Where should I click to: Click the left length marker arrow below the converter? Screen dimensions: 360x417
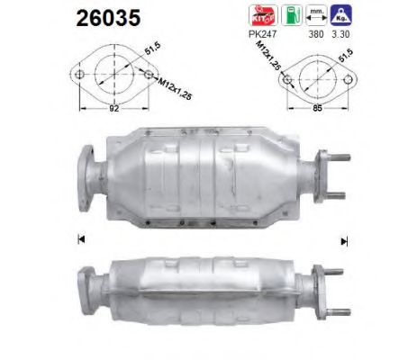pos(82,238)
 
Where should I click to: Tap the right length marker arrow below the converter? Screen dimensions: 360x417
pos(344,240)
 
